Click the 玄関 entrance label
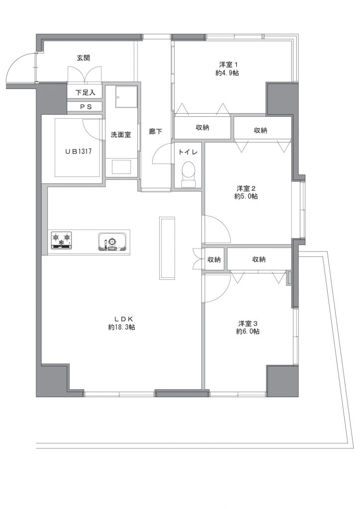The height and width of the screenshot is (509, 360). (x=84, y=58)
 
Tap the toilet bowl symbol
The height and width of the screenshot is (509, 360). (x=188, y=174)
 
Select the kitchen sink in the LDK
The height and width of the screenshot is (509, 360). (x=112, y=242)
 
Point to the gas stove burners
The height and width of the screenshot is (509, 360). (x=61, y=241)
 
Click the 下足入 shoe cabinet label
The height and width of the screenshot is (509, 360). (x=86, y=92)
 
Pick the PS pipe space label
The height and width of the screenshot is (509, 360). (x=86, y=106)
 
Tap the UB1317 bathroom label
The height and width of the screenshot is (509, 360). (x=78, y=151)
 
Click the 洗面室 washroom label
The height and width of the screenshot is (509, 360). (x=121, y=135)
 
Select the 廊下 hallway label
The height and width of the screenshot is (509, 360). (x=156, y=131)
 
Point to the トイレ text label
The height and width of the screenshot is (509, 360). (x=188, y=152)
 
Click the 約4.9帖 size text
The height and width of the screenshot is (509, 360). (x=227, y=73)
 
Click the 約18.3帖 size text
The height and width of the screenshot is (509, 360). (x=122, y=327)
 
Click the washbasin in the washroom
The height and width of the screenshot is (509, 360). (x=121, y=168)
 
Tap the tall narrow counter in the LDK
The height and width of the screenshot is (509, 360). (x=167, y=248)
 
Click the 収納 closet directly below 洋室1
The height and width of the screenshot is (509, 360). (x=202, y=128)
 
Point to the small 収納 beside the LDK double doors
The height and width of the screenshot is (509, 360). (x=214, y=259)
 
